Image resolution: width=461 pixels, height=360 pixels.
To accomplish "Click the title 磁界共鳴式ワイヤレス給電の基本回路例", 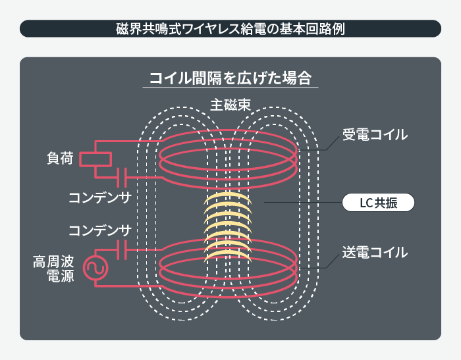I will [230, 28].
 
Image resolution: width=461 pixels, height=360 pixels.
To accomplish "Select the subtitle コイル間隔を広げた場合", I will [230, 78].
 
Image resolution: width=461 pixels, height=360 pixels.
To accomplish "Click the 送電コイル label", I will [375, 252].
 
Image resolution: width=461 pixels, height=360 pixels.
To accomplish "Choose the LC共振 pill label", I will [378, 203].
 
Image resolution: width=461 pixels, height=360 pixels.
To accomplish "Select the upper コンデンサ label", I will [99, 197].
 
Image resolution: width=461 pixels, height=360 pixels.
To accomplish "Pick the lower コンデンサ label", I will [99, 230].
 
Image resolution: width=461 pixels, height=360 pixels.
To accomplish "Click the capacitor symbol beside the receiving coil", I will [121, 177].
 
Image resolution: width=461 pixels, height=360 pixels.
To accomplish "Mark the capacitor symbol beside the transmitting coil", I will [121, 250].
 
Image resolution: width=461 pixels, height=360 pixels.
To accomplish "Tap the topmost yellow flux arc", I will [228, 198].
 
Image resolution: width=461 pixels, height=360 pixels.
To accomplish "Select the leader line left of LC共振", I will [303, 203].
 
